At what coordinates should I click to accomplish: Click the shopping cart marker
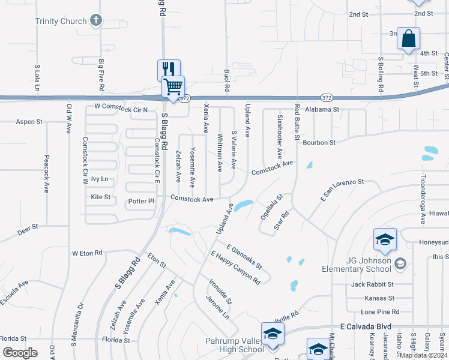[x=173, y=87]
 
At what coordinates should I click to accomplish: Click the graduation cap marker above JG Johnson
[x=384, y=240]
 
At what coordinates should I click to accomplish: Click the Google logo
[x=20, y=353]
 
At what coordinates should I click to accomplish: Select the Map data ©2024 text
[x=423, y=355]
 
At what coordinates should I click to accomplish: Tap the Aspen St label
[x=29, y=121]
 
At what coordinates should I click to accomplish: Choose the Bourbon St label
[x=319, y=143]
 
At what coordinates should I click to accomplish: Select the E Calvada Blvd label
[x=366, y=326]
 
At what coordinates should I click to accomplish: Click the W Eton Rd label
[x=87, y=253]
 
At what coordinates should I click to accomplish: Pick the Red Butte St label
[x=297, y=122]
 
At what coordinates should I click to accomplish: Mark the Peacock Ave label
[x=46, y=174]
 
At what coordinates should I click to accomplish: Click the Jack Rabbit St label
[x=372, y=284]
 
